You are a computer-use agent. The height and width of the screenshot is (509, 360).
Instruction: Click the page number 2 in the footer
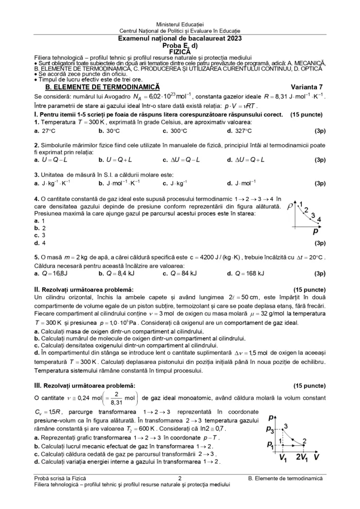179,478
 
